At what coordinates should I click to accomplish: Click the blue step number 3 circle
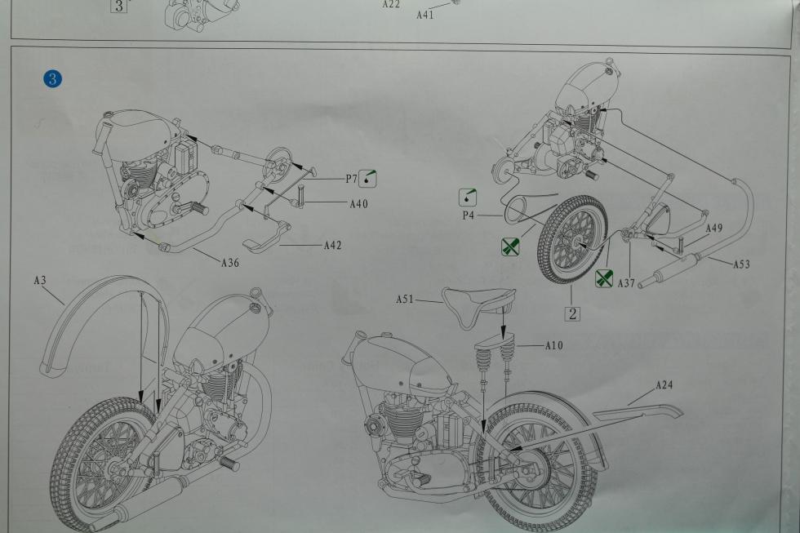point(52,79)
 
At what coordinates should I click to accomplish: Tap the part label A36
point(229,263)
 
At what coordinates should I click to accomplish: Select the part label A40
point(358,204)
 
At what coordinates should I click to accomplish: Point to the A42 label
point(333,246)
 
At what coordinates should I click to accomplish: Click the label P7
point(351,179)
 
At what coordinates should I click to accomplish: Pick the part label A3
point(40,280)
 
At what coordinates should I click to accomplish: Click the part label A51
point(405,299)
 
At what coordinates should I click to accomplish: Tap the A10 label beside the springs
point(554,345)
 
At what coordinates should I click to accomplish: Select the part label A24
point(664,384)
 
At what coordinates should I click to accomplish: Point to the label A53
point(741,264)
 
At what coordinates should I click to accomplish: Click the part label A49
point(713,228)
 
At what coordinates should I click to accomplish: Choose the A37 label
point(626,282)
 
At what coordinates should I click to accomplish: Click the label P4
point(469,215)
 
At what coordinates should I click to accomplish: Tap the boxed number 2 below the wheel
point(572,313)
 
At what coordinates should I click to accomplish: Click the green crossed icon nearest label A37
point(604,278)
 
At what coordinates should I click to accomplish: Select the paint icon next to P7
point(368,178)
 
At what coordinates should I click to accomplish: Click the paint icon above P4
point(468,198)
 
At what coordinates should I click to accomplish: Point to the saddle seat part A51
point(478,307)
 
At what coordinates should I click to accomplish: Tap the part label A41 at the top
point(425,15)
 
